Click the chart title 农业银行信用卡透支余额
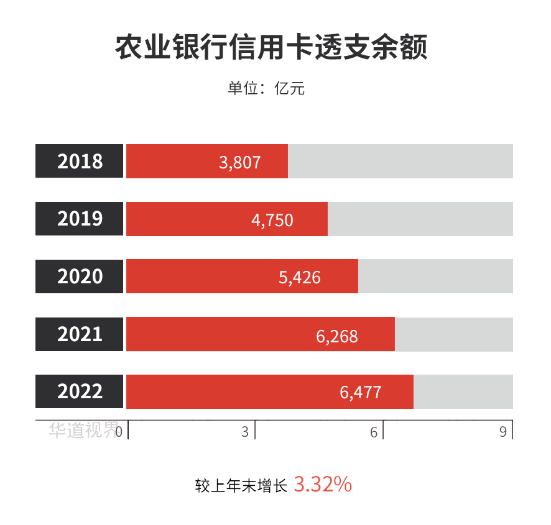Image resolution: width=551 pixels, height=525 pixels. point(271,48)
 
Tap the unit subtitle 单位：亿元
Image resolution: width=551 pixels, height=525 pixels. point(266,88)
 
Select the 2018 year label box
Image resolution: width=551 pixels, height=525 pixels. point(80,162)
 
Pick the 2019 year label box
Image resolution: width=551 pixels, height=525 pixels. point(80,219)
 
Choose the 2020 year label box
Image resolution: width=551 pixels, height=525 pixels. point(80,276)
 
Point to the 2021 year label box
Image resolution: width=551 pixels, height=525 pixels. point(80,334)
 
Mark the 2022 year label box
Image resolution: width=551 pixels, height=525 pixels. point(80,391)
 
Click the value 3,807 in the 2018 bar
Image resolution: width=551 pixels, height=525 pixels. point(239,163)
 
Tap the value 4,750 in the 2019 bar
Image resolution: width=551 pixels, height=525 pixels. point(272,221)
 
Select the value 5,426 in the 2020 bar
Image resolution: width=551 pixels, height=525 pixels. point(299,278)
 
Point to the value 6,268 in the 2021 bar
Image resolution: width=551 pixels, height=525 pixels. point(336,336)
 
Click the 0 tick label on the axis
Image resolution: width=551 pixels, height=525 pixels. point(119,431)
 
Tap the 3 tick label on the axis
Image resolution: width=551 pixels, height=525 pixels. point(245,431)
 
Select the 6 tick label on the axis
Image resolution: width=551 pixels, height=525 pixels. point(374,431)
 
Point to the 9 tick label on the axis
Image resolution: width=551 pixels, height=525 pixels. point(503,431)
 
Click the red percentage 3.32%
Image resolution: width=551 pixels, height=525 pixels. point(322,485)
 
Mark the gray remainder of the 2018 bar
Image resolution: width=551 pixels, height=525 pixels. point(400,162)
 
